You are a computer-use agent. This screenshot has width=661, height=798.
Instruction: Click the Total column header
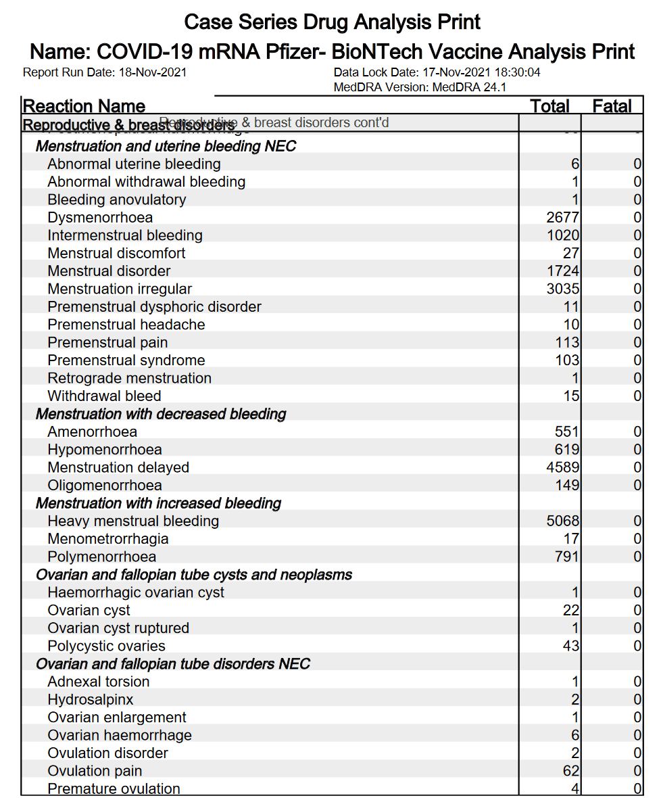pos(549,106)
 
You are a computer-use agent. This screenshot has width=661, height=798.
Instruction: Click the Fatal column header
pos(612,106)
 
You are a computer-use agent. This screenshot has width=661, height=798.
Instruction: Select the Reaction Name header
pos(84,106)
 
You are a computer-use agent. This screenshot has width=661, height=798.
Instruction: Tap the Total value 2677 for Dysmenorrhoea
pos(563,218)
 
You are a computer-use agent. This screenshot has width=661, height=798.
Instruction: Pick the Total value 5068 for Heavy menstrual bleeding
pos(563,521)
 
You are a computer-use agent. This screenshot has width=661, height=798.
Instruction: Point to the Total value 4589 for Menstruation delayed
pos(563,467)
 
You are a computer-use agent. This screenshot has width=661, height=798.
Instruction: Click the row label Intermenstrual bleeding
pos(125,235)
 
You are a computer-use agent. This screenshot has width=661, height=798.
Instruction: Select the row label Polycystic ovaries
pos(106,646)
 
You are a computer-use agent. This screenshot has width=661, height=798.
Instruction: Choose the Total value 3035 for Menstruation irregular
pos(563,289)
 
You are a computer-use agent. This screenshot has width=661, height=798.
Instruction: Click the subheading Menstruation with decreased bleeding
pos(161,414)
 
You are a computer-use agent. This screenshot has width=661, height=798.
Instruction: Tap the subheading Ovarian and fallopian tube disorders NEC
pos(173,663)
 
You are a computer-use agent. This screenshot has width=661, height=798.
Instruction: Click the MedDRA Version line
pos(420,87)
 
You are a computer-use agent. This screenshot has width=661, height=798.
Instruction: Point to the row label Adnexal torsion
pos(99,682)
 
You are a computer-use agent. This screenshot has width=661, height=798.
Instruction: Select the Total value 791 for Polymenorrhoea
pos(567,557)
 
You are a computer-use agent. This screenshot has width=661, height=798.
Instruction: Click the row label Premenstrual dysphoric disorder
pos(154,307)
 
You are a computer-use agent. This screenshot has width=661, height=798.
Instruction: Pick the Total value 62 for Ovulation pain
pos(571,771)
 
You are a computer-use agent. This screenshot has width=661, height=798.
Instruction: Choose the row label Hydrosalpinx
pos(91,699)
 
